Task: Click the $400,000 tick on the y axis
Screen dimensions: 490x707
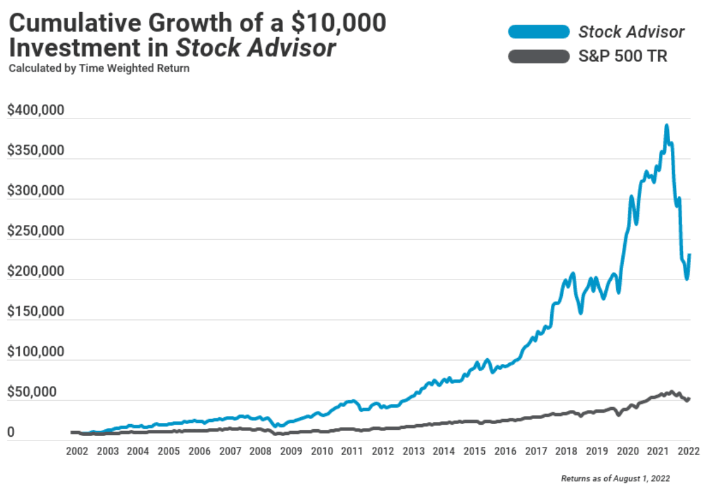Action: [x=36, y=111]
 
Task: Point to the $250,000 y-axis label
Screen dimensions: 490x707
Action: [x=36, y=231]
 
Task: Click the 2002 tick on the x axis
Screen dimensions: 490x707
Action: [x=76, y=451]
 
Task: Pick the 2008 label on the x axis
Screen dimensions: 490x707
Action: [x=260, y=451]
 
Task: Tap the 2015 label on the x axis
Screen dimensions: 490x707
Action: [x=475, y=451]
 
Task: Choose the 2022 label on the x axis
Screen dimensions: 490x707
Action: [x=689, y=451]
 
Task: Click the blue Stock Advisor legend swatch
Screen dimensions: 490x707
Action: [x=539, y=32]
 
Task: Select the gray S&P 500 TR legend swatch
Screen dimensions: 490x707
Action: [x=539, y=57]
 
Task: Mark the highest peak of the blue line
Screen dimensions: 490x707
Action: [x=666, y=126]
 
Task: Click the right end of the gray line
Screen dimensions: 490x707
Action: [x=690, y=398]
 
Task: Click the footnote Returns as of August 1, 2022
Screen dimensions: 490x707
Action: [x=616, y=479]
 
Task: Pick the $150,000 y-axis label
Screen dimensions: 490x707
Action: [x=36, y=312]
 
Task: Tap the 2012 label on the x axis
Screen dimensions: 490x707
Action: [x=383, y=451]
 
